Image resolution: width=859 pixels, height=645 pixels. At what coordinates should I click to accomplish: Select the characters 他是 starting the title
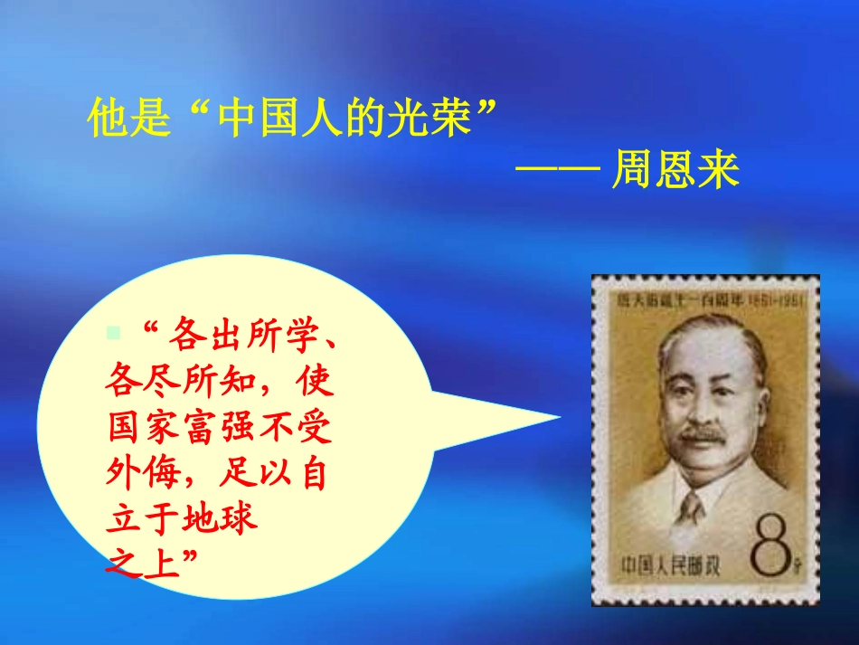click(x=128, y=118)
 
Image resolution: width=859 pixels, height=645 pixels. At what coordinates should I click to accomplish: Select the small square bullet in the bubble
click(x=113, y=332)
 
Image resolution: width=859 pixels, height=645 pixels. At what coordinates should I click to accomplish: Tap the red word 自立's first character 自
click(x=308, y=472)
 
